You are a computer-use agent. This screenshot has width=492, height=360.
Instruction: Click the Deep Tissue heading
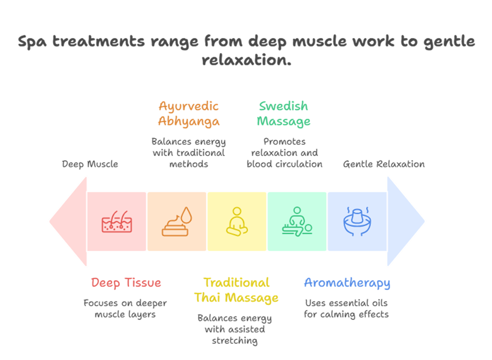point(126,283)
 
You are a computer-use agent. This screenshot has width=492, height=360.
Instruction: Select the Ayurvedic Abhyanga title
point(188,113)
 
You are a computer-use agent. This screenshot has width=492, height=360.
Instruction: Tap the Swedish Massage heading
point(283,113)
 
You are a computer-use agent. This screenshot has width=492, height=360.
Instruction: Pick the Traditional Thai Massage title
point(236,290)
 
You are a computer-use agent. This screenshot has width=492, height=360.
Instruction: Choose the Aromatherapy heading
point(346,283)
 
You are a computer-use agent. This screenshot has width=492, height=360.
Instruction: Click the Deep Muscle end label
point(90,164)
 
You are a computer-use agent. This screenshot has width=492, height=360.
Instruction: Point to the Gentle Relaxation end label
point(383,164)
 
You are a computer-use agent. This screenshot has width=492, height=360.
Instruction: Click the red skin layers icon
point(117,221)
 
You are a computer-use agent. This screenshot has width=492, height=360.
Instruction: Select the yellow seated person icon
point(237,221)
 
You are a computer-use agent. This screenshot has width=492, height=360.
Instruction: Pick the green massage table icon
point(297,221)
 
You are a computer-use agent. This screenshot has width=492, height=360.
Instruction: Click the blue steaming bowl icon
point(357,221)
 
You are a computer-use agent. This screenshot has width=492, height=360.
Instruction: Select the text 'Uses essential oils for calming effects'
point(346,308)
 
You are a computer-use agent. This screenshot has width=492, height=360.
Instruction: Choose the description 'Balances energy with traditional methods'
point(188,152)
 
